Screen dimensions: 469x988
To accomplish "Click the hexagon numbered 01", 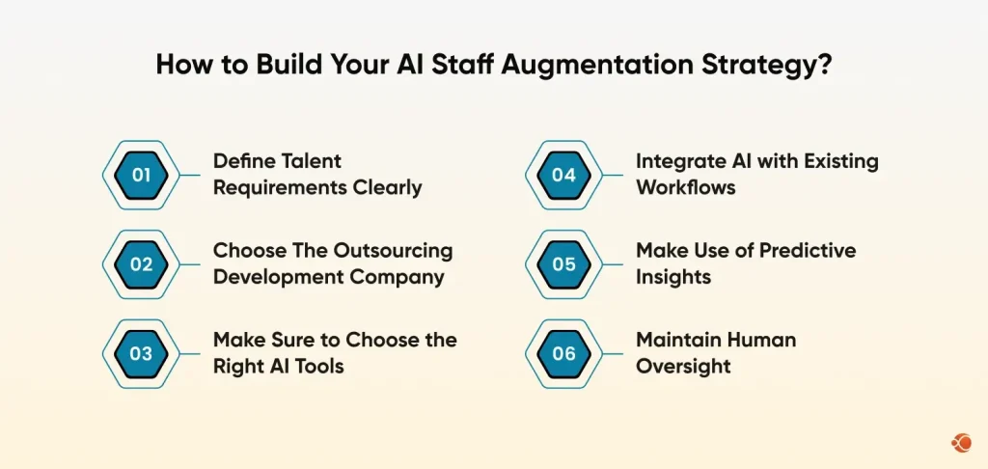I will (142, 175).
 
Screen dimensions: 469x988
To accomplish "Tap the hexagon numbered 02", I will (142, 263).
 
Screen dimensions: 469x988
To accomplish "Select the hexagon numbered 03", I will (142, 353).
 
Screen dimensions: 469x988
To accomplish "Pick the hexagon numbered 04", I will (564, 175).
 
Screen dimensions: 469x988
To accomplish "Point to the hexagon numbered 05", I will (564, 263).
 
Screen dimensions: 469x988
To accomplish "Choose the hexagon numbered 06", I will (564, 353).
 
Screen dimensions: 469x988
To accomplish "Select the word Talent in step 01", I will (308, 161).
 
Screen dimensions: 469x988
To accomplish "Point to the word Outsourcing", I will (393, 250).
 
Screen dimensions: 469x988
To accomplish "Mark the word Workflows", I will (685, 187).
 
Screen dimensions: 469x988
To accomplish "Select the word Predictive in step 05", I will (807, 250).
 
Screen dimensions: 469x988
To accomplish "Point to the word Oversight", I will (682, 367).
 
